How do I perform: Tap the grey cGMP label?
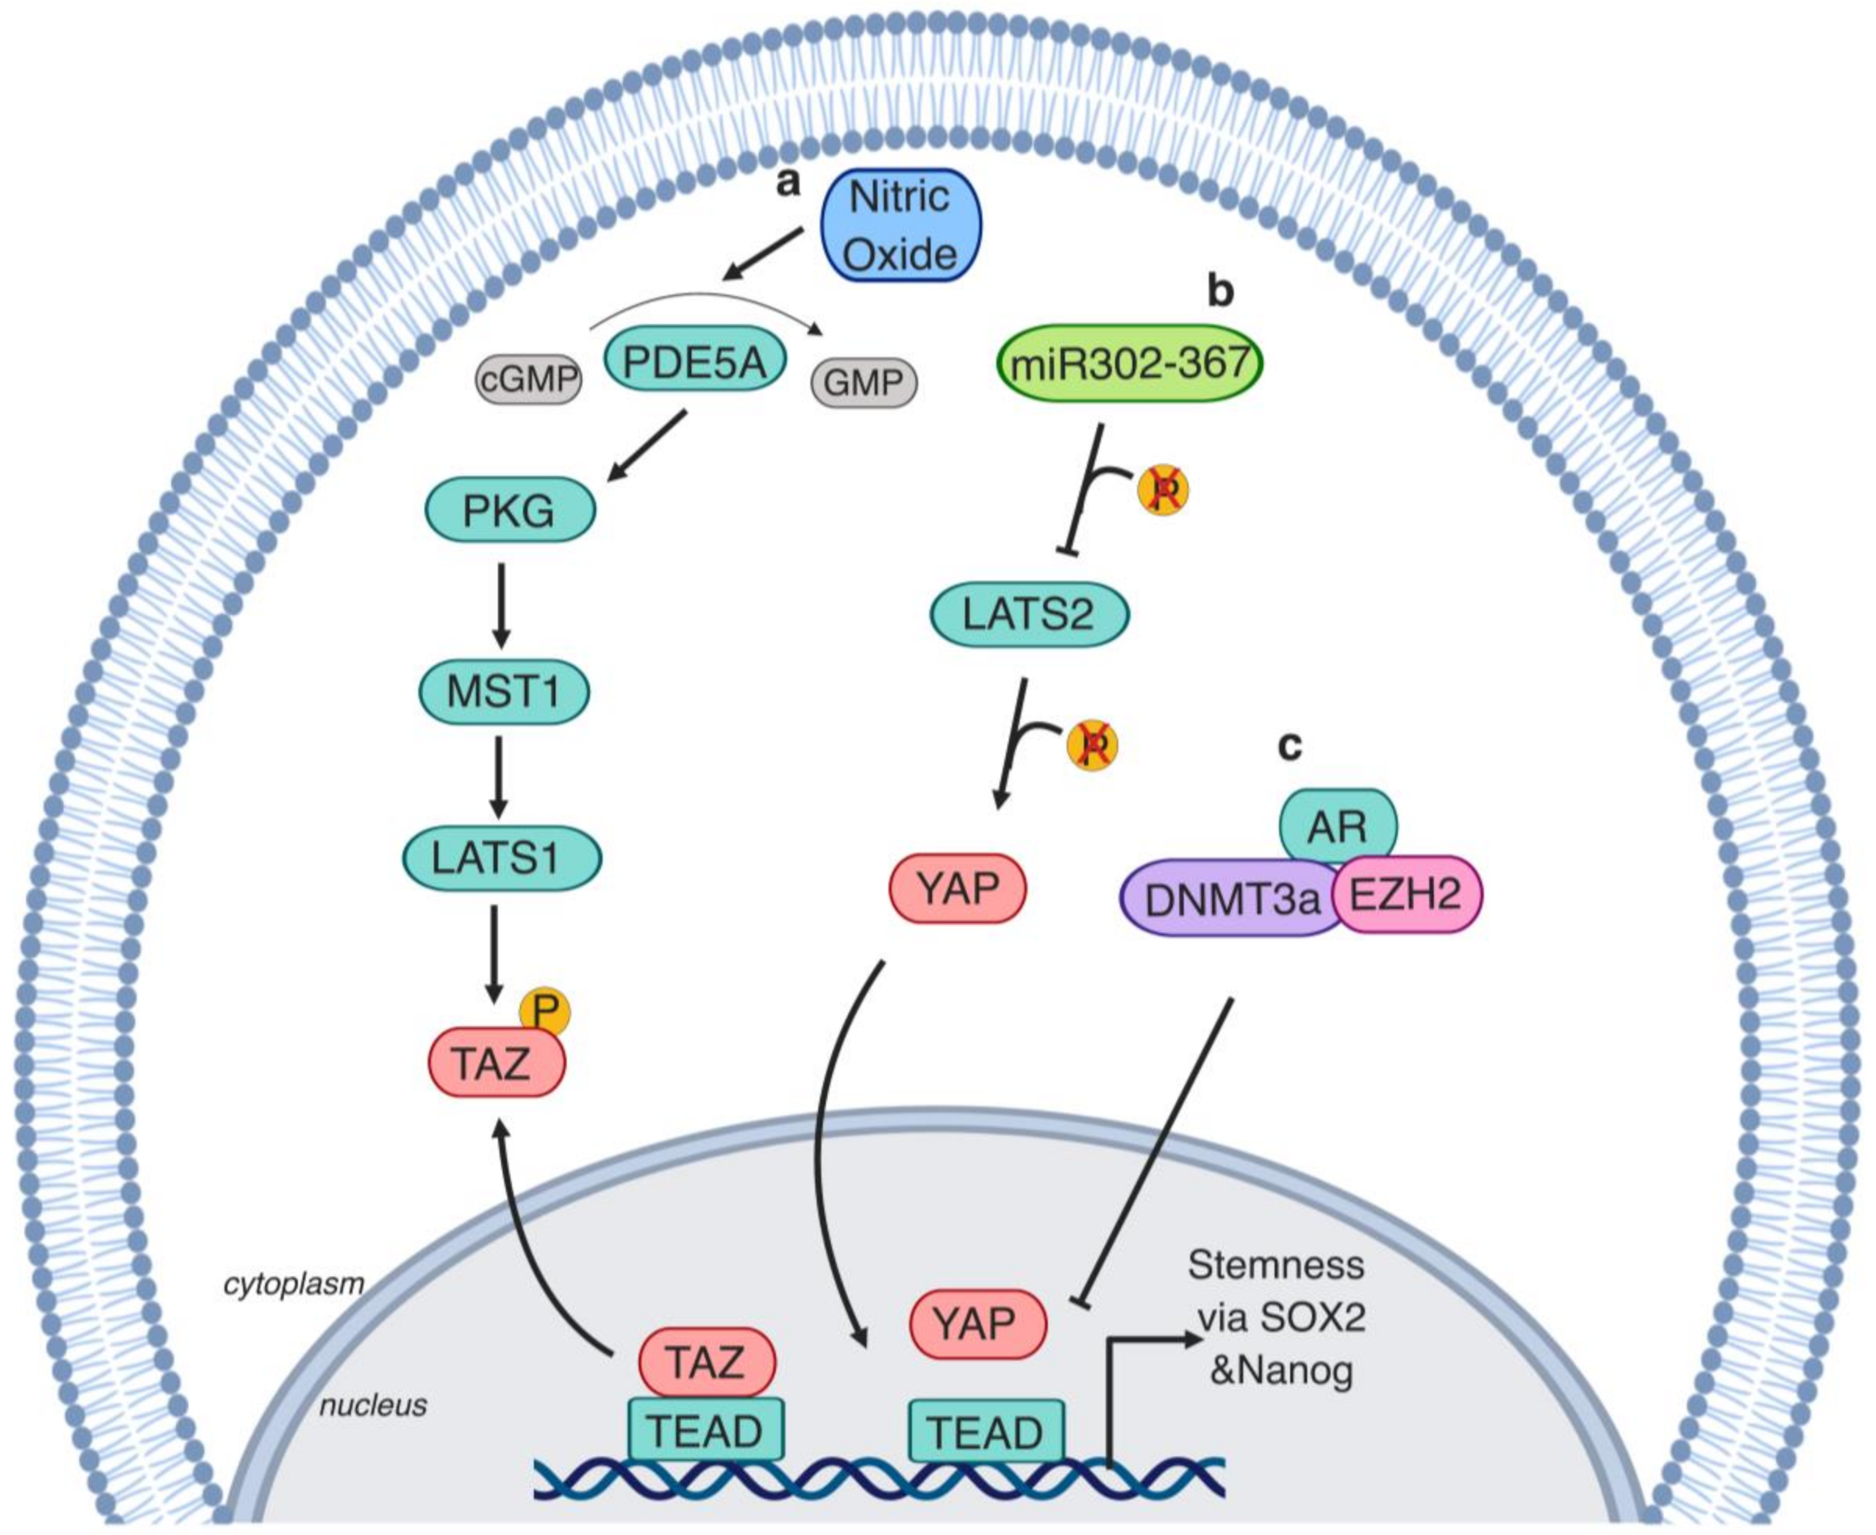point(529,380)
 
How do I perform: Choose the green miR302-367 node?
point(1129,362)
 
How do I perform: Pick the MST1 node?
point(503,691)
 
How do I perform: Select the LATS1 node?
point(501,857)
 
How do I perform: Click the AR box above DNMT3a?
point(1337,826)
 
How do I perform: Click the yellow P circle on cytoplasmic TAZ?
point(544,1012)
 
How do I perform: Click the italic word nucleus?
point(373,1405)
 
